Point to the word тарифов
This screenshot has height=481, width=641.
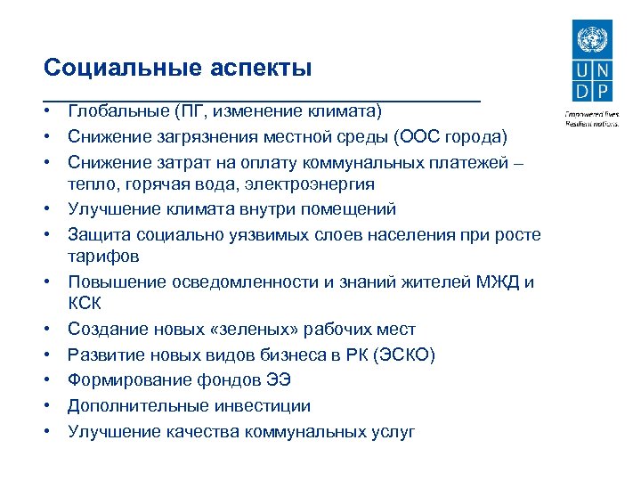(103, 257)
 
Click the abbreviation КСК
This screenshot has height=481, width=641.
(85, 306)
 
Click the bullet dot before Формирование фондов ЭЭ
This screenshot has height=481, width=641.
(53, 380)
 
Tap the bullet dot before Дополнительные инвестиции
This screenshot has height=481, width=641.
(53, 405)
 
